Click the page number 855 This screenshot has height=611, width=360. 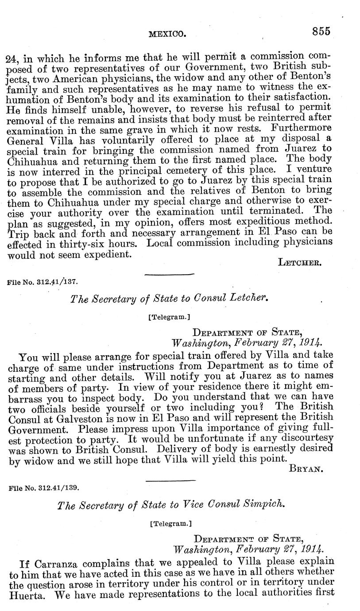(x=321, y=31)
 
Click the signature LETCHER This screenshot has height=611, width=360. (x=299, y=262)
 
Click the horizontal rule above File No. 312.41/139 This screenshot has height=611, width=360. (x=170, y=480)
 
